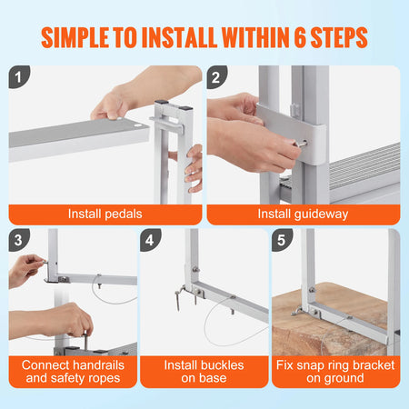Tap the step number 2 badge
pyautogui.click(x=217, y=76)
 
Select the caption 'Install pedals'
pyautogui.click(x=104, y=214)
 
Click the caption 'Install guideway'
pyautogui.click(x=304, y=214)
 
